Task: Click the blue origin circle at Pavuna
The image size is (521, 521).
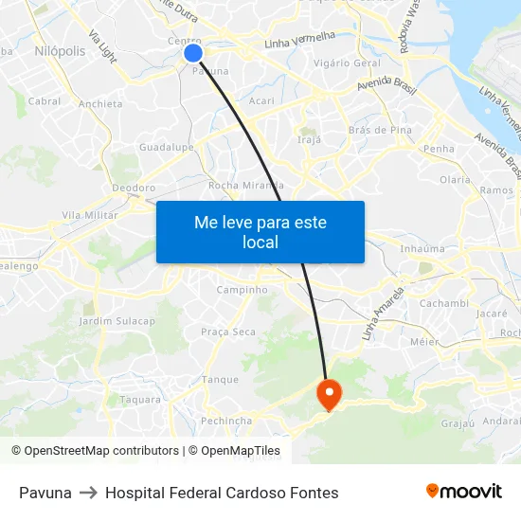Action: [193, 53]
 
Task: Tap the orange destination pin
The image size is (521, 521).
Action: [329, 393]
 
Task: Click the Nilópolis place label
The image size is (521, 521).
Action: [60, 50]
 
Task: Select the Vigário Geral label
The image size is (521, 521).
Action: [346, 63]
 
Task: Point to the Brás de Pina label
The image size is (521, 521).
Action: [379, 130]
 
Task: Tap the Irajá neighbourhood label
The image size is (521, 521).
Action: [310, 139]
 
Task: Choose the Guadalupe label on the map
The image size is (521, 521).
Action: [166, 148]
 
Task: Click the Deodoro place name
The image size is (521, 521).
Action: [134, 188]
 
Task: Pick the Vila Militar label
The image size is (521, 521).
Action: [89, 215]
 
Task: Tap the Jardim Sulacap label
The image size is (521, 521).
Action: [117, 321]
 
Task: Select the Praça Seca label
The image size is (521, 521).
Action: [228, 332]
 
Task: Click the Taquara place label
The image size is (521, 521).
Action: [140, 400]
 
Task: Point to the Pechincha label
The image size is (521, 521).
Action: [226, 421]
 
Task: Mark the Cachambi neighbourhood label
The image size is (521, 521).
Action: [443, 303]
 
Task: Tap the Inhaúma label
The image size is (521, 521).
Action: [422, 249]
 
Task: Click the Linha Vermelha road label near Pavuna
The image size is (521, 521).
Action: [299, 40]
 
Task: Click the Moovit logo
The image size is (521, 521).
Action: [464, 492]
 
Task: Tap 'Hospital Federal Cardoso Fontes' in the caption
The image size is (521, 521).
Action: [222, 493]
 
